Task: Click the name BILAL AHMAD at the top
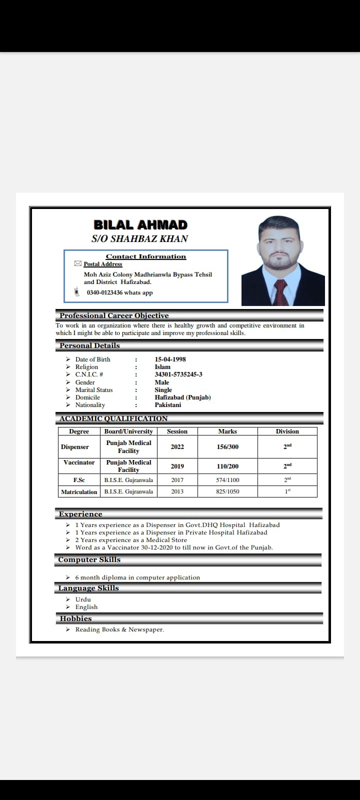tap(140, 225)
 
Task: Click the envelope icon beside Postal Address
tap(77, 263)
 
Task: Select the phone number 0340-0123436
tap(104, 292)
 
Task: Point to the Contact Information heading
tap(145, 256)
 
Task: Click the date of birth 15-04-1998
tap(170, 359)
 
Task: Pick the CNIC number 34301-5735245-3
tap(178, 374)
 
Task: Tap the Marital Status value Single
tap(163, 389)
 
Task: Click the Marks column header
tap(227, 431)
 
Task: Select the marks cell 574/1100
tap(227, 480)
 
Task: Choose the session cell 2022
tap(177, 446)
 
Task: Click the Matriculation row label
tap(79, 491)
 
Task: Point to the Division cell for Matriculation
tap(287, 491)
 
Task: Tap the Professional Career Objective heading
tap(114, 315)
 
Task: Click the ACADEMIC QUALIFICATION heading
tap(113, 418)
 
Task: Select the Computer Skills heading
tap(89, 559)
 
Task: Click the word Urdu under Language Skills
tap(83, 599)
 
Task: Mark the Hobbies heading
tap(75, 618)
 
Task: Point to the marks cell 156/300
tap(227, 446)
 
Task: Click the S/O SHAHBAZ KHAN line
tap(139, 239)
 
